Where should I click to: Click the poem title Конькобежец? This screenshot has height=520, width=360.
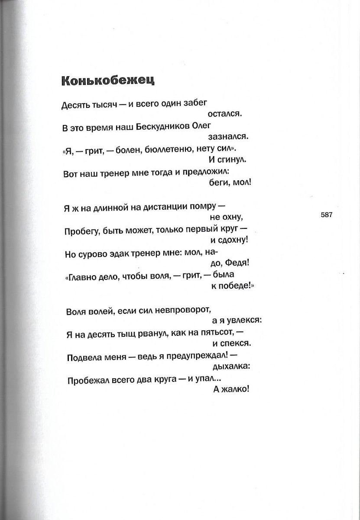point(108,81)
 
